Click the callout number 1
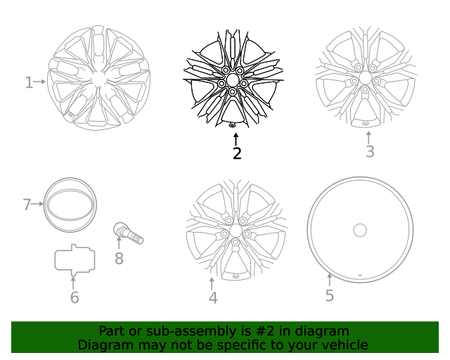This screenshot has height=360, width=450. point(29,83)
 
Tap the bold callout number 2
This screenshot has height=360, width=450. point(237,153)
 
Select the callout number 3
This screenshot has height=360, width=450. point(370,152)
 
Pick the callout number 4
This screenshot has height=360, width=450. point(213,298)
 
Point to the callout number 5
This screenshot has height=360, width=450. point(330,295)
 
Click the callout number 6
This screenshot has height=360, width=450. point(75,297)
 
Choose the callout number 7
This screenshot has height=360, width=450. point(27,205)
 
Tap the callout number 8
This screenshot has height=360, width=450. point(119,259)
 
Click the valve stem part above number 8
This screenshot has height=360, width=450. point(129,233)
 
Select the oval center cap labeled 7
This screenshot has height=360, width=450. point(70,205)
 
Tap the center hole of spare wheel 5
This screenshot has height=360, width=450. point(359,230)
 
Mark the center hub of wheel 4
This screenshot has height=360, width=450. point(235,231)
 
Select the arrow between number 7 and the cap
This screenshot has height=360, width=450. point(37,205)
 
